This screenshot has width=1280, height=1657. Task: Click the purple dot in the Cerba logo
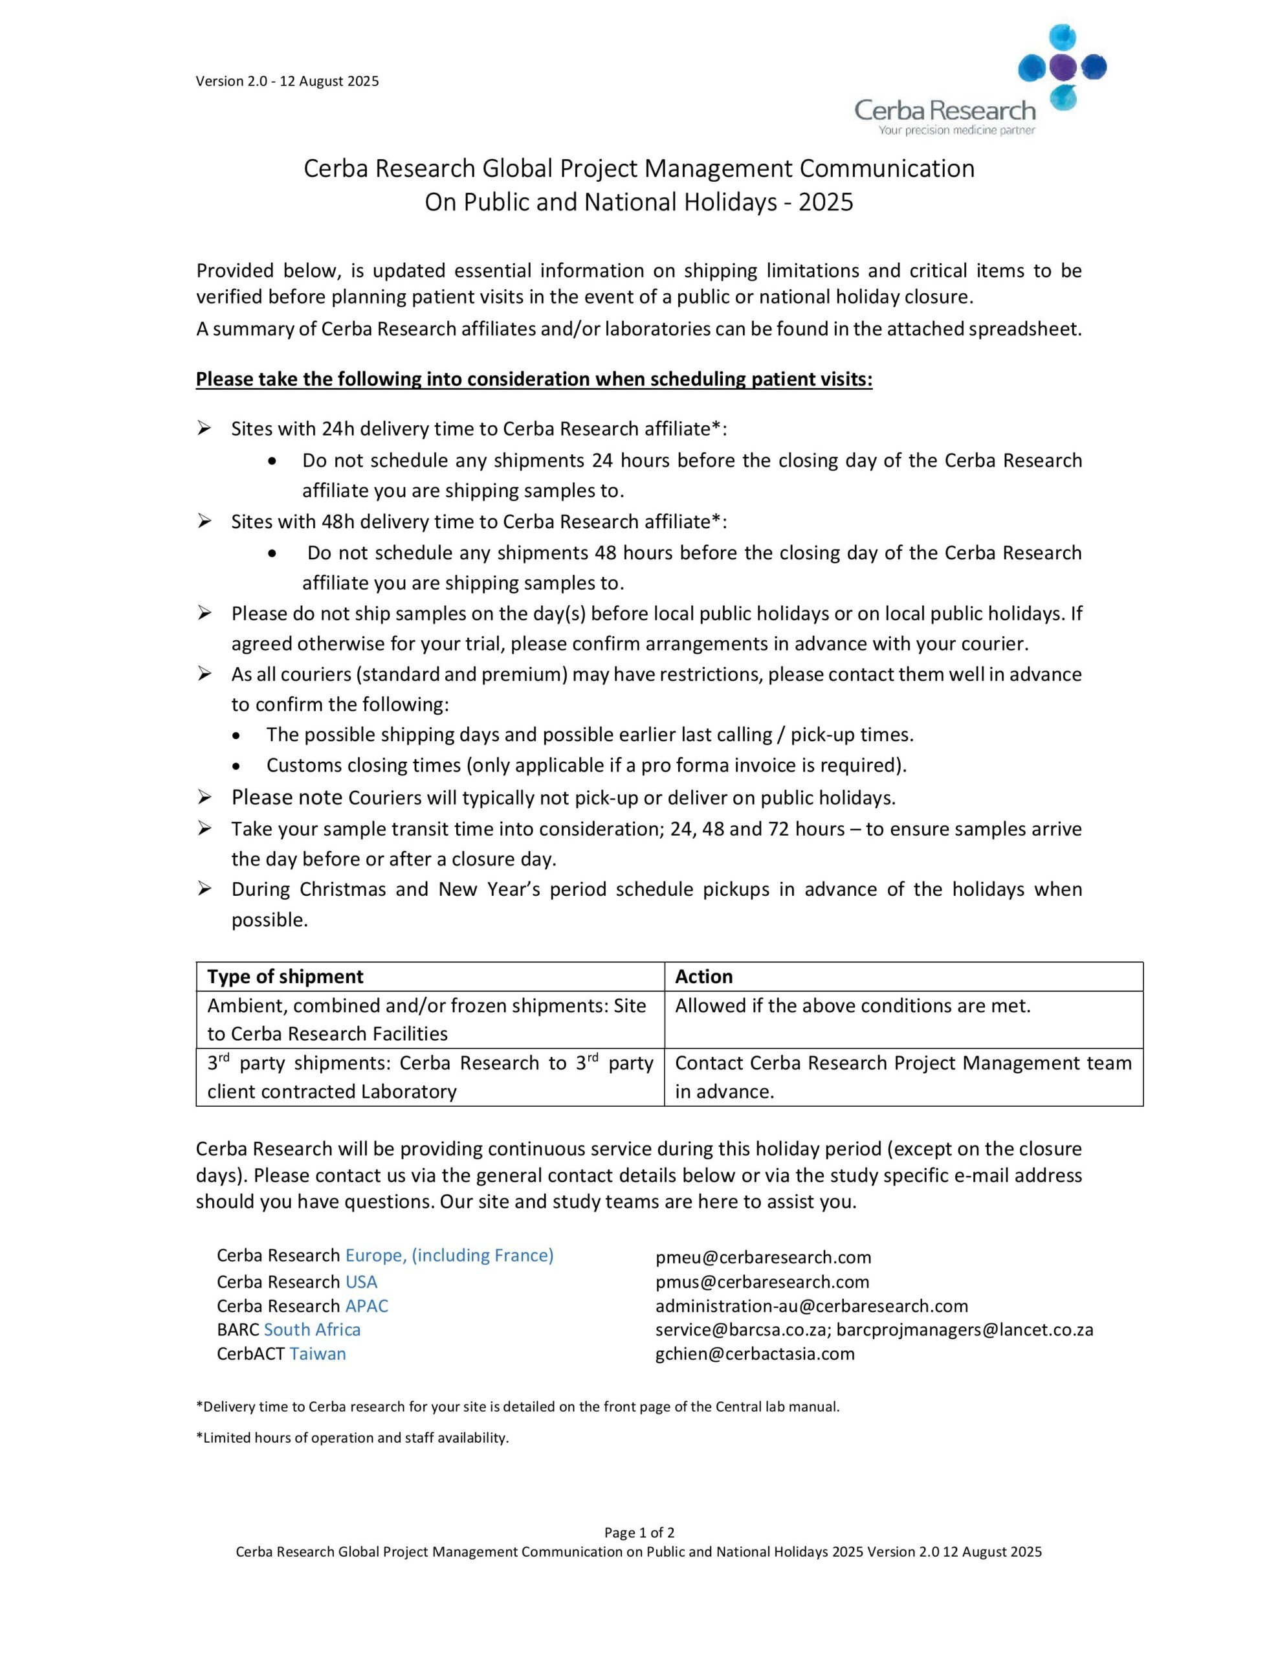[1062, 67]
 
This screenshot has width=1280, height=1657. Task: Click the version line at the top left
[287, 81]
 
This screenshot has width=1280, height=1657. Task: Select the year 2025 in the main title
[826, 202]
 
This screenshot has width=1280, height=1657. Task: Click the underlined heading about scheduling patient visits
[533, 379]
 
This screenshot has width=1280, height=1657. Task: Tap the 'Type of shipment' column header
[285, 977]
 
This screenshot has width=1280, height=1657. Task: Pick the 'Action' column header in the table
[703, 977]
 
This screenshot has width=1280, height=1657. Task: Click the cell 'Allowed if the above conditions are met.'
[852, 1006]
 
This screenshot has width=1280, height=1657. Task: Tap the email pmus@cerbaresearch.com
[762, 1282]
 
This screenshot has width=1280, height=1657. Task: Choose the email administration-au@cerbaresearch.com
[811, 1306]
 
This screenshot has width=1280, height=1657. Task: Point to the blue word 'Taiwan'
[317, 1353]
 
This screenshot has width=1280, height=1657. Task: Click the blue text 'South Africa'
[312, 1329]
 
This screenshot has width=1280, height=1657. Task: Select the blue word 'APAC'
[366, 1306]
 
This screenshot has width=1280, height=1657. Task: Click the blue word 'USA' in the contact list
[361, 1282]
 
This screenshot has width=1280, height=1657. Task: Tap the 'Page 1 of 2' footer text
[639, 1532]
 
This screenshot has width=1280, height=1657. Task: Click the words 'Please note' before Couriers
[287, 797]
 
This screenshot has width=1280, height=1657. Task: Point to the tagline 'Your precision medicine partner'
[956, 131]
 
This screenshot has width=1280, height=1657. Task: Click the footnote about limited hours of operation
[352, 1438]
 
